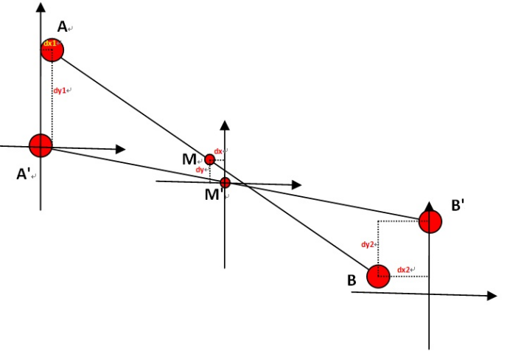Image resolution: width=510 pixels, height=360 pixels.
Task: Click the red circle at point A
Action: coord(52,49)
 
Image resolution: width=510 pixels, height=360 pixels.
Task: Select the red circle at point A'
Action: coord(41,145)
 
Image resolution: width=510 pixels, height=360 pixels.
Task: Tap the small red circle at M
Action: coord(209,159)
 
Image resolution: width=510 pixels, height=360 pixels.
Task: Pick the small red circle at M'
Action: coord(226,182)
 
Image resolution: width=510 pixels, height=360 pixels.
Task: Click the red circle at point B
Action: coord(378,277)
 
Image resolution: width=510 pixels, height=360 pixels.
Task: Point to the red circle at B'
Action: coord(430,221)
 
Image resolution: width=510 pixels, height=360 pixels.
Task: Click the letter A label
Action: coord(63,27)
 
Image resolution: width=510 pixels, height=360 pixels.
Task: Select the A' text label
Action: coord(24,175)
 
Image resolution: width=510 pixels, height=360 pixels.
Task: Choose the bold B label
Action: coord(352,280)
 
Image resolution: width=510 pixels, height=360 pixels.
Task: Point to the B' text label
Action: coord(457,205)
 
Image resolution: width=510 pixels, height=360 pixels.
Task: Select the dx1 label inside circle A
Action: coord(50,44)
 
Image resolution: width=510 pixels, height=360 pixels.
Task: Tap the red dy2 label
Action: coord(369,243)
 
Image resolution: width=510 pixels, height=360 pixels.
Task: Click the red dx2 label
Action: coord(404,270)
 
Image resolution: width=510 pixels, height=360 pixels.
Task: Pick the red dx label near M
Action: coord(218,151)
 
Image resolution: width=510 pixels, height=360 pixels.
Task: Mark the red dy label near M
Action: coord(200,170)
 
